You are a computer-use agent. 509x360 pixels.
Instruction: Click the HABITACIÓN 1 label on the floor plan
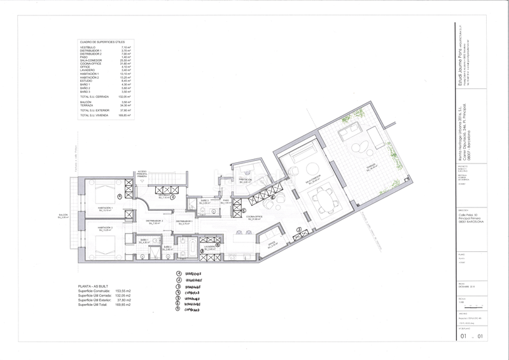point(105,209)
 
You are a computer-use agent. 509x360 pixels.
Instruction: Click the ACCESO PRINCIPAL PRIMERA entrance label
point(141,174)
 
